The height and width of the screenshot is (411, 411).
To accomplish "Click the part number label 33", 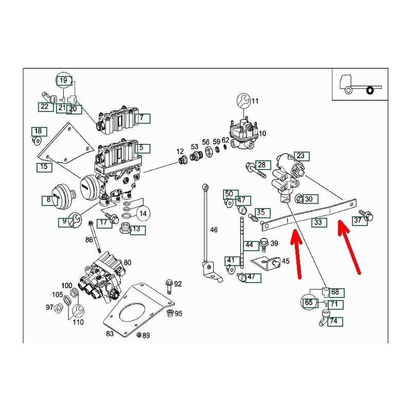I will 319,222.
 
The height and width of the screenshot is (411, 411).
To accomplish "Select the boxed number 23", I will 301,156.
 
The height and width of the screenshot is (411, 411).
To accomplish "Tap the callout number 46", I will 214,230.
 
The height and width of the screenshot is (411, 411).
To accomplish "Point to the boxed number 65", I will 308,303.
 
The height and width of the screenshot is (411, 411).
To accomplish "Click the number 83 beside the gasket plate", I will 109,334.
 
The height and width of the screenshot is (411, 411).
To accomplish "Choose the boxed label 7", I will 142,119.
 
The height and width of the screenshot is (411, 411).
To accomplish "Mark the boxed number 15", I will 44,167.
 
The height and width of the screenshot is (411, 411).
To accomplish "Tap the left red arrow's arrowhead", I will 294,236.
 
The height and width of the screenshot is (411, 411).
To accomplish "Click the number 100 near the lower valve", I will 67,285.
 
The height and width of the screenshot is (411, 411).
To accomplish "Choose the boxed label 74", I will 333,321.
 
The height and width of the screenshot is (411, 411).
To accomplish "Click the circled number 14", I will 143,213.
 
